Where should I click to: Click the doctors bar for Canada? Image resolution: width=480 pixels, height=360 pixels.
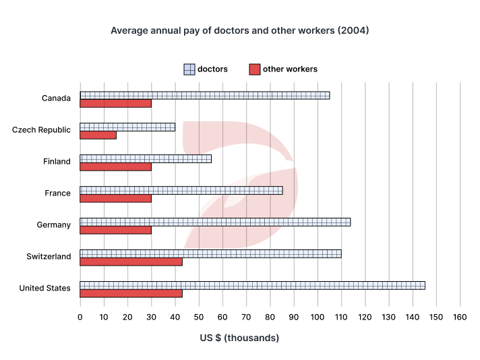205,95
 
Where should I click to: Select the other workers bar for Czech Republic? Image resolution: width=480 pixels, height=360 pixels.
98,135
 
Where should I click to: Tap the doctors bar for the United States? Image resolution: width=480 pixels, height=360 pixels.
252,285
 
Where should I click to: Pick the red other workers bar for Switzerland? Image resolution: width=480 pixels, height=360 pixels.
131,262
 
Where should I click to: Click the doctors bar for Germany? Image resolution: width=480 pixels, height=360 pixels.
215,222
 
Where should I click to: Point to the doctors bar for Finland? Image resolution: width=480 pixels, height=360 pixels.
146,158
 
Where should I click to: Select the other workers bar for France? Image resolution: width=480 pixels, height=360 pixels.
115,198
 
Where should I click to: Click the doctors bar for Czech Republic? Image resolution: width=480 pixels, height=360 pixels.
127,127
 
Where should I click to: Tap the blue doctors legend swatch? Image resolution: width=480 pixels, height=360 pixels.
189,69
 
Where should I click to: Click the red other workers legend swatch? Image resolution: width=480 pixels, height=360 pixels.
254,69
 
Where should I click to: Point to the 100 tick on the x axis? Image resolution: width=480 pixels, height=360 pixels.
318,317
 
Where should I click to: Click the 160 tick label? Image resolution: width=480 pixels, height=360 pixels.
460,317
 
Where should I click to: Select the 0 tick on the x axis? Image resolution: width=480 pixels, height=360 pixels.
80,317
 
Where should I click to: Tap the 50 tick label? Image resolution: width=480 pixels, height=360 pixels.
199,317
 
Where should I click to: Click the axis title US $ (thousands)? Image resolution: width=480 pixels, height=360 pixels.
239,338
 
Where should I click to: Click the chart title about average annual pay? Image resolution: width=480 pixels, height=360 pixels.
239,30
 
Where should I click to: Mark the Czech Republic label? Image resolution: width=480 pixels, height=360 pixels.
41,129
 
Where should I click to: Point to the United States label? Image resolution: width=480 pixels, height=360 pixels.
44,288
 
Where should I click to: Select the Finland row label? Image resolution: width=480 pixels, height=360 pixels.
56,161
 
